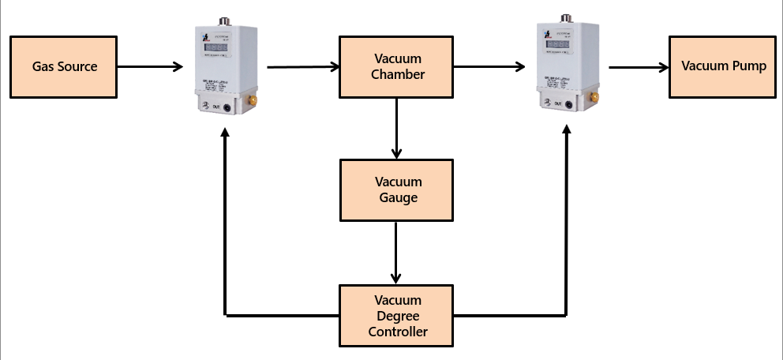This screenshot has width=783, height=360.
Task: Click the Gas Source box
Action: click(64, 66)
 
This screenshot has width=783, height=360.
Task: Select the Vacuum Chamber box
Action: click(396, 66)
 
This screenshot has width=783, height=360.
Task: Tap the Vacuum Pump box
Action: click(724, 66)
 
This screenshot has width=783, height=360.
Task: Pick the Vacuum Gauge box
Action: click(396, 189)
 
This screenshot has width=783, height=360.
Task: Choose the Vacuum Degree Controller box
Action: click(396, 316)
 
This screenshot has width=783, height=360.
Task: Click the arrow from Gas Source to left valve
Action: click(149, 66)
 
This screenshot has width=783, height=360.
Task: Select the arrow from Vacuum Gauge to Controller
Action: click(396, 253)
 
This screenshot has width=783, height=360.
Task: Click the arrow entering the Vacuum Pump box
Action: click(638, 67)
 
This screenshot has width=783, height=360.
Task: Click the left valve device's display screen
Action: click(219, 48)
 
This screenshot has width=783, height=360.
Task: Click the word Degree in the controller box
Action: click(398, 316)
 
